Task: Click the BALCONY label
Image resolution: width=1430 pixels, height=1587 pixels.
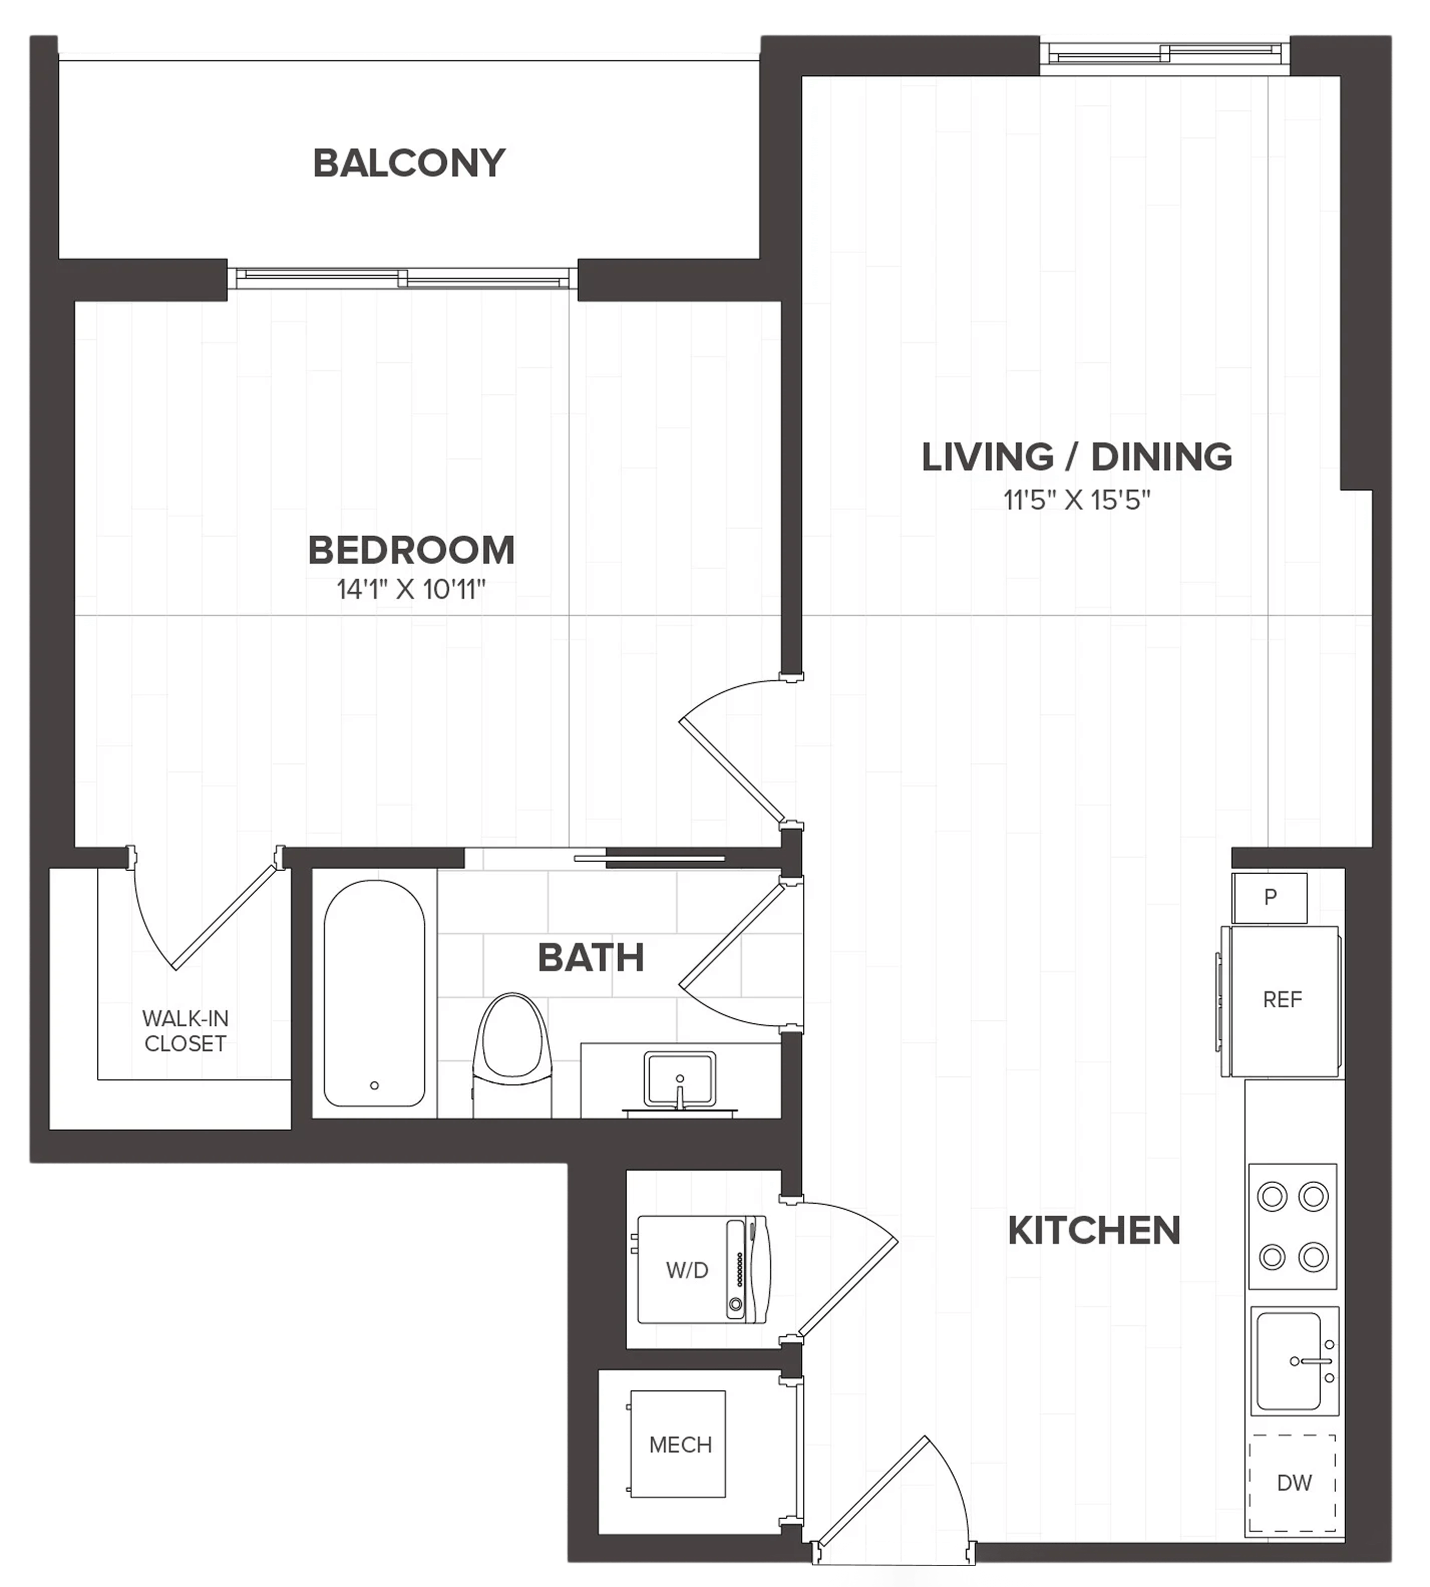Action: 409,164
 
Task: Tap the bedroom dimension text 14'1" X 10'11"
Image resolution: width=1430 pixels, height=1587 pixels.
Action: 411,589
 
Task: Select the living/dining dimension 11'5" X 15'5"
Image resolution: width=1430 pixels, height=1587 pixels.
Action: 1077,500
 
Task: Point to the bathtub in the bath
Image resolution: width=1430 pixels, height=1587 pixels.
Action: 375,993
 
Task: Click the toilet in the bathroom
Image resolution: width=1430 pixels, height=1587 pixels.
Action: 511,1053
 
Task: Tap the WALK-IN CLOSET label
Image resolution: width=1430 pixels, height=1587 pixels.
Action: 186,1030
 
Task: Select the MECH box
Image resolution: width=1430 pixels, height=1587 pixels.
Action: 677,1445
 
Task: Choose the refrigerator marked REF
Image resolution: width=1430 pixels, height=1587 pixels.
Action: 1281,1001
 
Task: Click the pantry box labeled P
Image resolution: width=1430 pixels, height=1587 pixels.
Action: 1270,898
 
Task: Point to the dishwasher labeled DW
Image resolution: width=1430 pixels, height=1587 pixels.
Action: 1293,1483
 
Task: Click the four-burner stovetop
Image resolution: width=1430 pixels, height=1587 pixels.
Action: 1293,1226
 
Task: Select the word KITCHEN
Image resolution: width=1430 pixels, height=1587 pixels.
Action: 1094,1231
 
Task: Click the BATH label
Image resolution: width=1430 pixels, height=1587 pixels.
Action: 591,958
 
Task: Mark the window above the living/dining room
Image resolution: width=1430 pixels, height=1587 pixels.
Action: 1164,54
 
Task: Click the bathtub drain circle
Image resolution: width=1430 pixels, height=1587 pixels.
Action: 374,1085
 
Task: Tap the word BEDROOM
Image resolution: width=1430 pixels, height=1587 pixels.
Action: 411,550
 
